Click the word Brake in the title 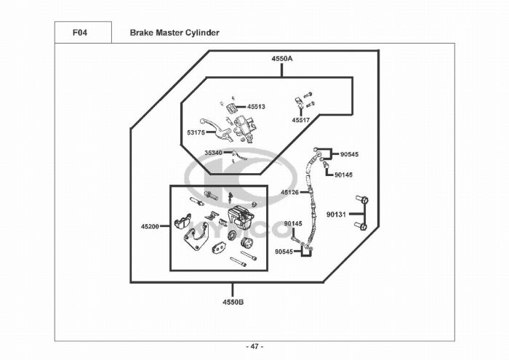tap(143, 33)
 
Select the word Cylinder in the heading tap(201, 33)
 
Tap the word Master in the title tap(170, 33)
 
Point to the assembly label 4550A tap(282, 57)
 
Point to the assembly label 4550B tap(233, 301)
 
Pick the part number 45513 tap(256, 106)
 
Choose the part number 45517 tap(301, 120)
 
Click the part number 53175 tap(196, 132)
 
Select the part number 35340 tap(214, 153)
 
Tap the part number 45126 tap(290, 192)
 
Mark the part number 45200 tap(150, 227)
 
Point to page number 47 tap(254, 346)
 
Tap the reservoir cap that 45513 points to tap(232, 109)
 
